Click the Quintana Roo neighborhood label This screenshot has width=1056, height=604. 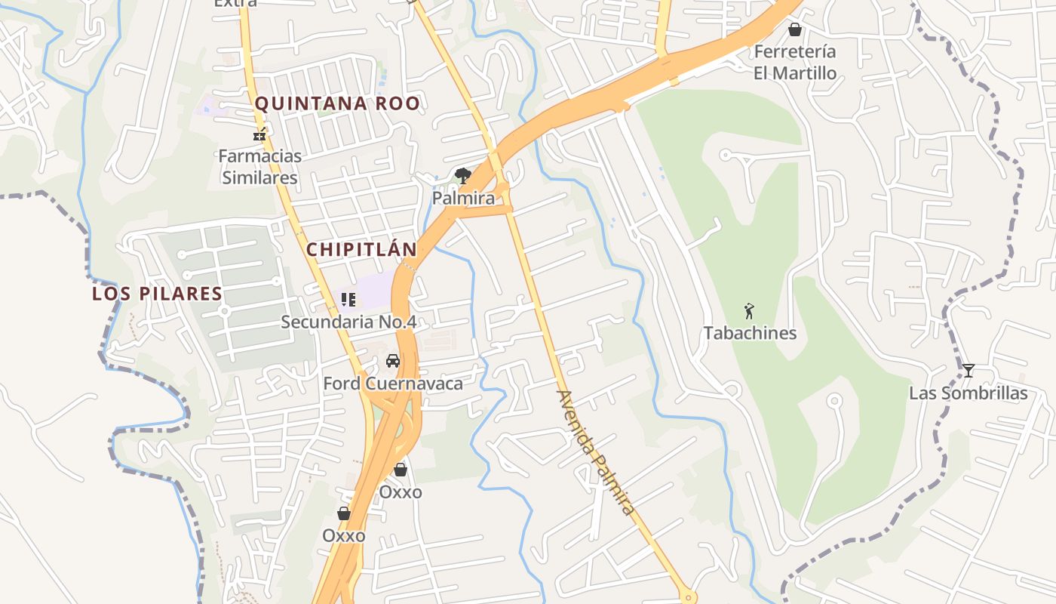click(337, 103)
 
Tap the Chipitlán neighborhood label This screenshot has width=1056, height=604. click(361, 249)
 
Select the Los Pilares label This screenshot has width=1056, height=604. click(157, 293)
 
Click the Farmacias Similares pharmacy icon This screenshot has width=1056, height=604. click(259, 136)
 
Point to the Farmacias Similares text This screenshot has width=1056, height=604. click(259, 167)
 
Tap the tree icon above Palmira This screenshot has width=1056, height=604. click(463, 176)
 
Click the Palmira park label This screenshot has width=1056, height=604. click(463, 198)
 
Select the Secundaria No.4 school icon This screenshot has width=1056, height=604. click(348, 300)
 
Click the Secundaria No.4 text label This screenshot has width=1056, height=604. click(348, 322)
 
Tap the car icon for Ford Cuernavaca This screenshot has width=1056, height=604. click(393, 361)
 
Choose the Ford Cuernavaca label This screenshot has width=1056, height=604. click(393, 384)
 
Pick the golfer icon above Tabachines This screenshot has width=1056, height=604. click(749, 310)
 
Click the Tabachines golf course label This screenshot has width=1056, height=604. click(750, 333)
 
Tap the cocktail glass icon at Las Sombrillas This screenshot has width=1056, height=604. click(969, 370)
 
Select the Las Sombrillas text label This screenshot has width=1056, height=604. click(968, 393)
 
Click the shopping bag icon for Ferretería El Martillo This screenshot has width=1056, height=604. click(795, 29)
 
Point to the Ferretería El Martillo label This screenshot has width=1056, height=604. click(795, 62)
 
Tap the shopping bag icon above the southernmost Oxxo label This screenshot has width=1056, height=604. click(344, 513)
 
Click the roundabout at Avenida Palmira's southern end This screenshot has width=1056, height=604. click(687, 597)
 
